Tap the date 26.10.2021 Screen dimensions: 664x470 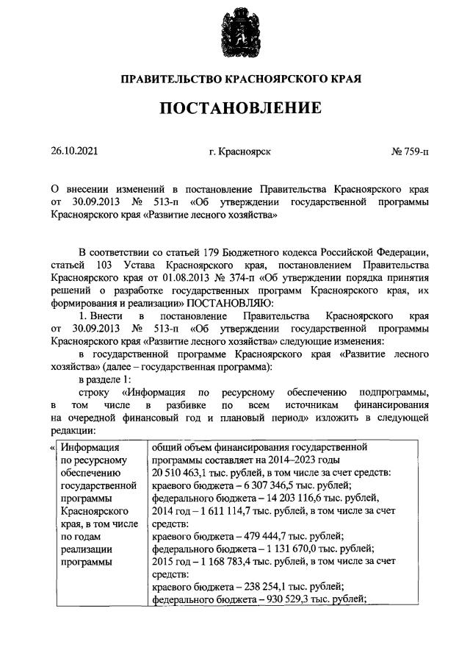(x=74, y=152)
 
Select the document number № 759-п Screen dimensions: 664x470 (x=411, y=152)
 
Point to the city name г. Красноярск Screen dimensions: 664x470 (x=240, y=152)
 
